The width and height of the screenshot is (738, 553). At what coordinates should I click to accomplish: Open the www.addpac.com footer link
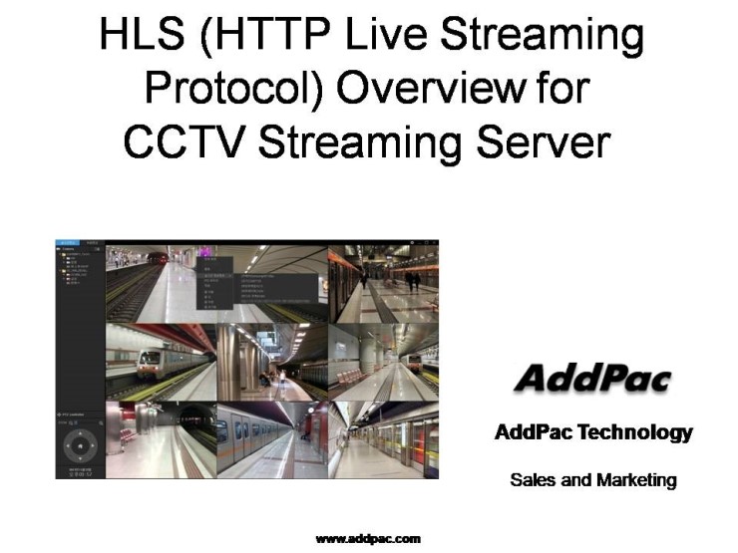[x=368, y=539]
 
